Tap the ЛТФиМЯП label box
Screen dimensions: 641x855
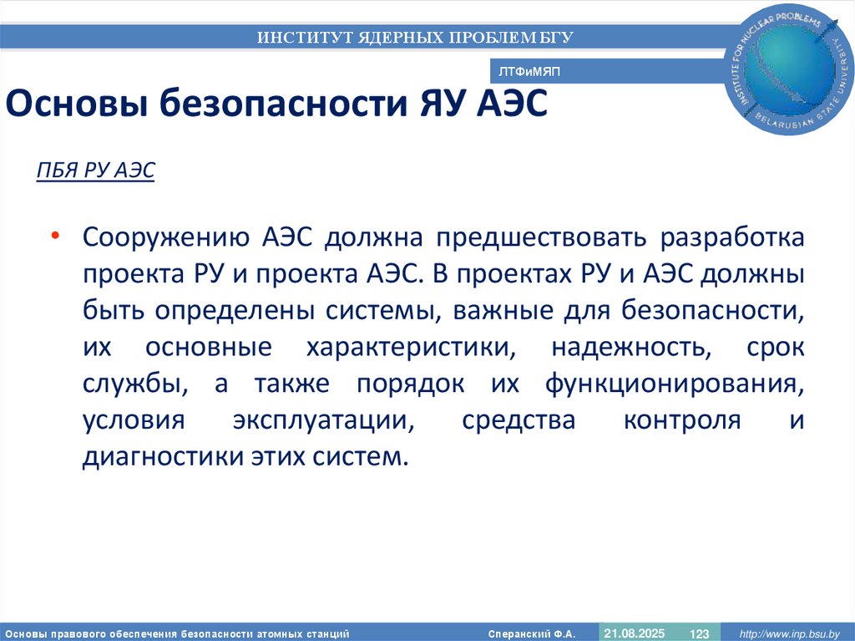tap(529, 73)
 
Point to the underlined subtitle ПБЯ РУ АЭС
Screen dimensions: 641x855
tap(96, 171)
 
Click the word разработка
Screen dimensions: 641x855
tap(733, 237)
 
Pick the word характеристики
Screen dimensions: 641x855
tap(403, 348)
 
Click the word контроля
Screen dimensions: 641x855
tap(682, 421)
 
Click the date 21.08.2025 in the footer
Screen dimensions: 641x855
tap(635, 633)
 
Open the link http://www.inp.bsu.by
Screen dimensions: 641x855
tap(789, 633)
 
